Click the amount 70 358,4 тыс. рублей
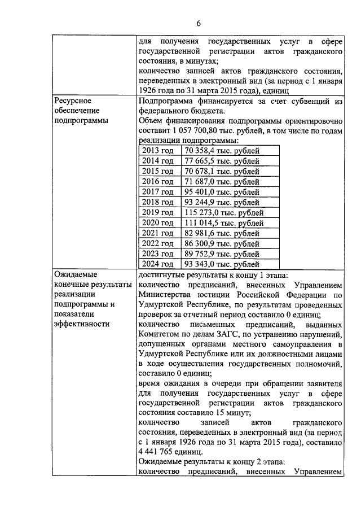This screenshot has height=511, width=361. [222, 151]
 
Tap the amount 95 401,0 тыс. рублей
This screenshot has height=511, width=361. [222, 192]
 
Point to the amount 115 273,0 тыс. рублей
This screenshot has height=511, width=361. [223, 213]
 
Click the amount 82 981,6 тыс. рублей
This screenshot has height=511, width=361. [222, 233]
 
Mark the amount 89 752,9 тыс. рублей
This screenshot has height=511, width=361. [222, 254]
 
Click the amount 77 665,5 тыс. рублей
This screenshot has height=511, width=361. [222, 161]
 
